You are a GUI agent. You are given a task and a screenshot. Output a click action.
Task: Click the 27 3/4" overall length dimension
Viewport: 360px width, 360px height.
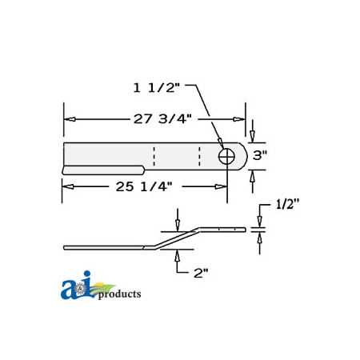pos(162,118)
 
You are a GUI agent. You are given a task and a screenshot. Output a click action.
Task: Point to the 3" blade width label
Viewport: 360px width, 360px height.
pos(259,156)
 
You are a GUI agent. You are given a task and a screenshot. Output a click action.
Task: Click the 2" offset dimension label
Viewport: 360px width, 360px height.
pos(200,272)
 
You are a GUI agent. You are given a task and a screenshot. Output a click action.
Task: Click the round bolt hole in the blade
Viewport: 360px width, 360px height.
pos(227,156)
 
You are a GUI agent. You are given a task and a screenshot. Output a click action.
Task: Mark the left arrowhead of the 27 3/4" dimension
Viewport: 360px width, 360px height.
pos(70,119)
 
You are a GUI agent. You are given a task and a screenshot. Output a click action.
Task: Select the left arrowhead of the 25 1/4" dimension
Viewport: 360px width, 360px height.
pos(68,186)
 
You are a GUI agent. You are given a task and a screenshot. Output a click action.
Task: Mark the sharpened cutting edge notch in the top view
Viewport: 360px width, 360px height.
pos(104,170)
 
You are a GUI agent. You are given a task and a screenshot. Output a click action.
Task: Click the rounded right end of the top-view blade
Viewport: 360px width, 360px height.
pos(242,156)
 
